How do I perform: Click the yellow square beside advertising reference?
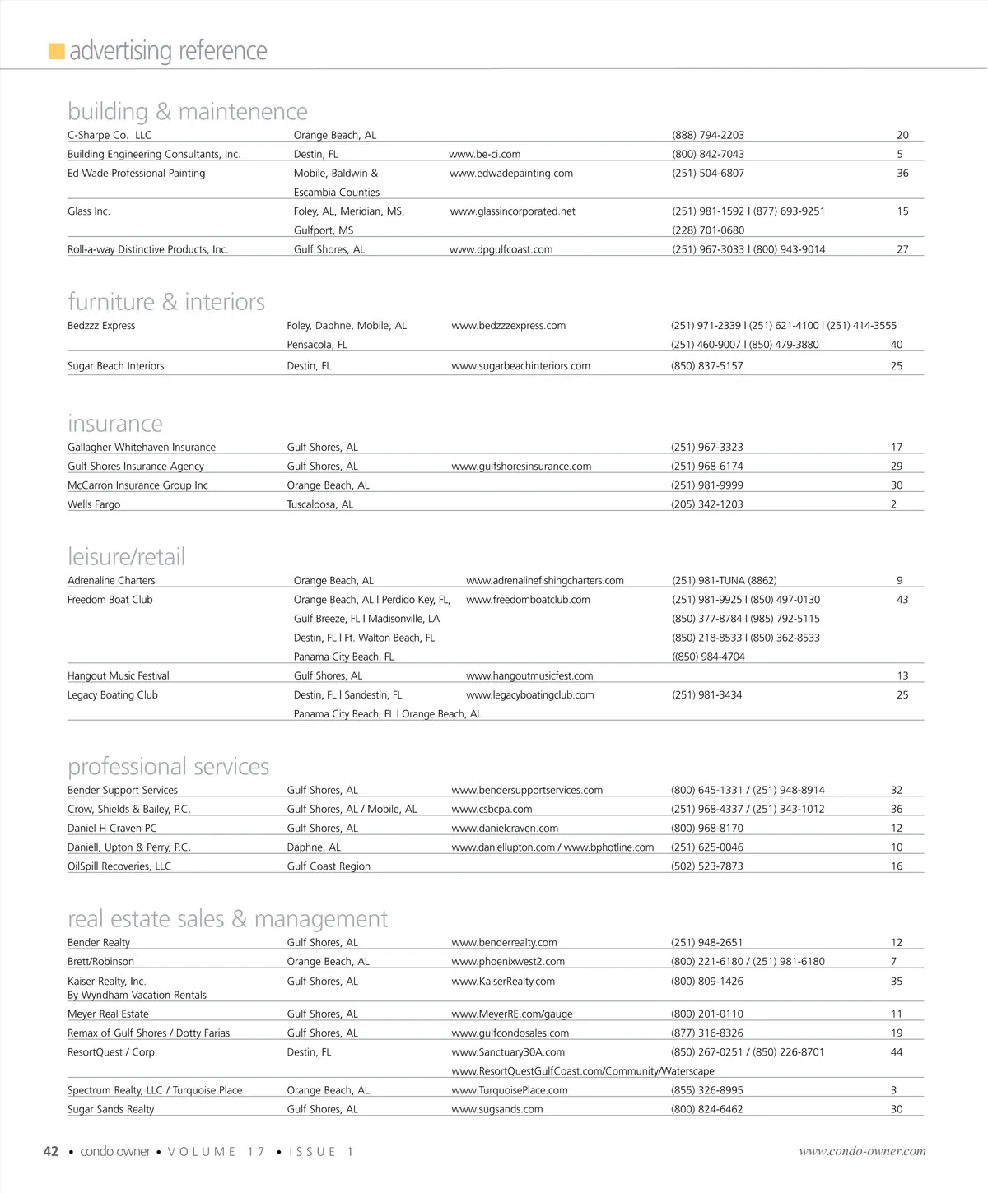57,52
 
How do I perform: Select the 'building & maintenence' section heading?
188,111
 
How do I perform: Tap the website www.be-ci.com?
484,154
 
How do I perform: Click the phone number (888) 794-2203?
708,135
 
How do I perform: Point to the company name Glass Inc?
88,211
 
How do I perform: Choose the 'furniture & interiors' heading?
166,302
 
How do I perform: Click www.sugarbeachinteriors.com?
520,366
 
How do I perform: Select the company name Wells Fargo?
94,504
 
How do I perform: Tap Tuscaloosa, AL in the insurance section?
320,504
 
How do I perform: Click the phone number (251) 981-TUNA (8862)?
725,581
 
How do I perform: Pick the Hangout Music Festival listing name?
119,676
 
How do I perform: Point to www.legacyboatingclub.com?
530,695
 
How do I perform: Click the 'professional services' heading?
169,767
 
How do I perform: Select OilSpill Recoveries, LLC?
119,866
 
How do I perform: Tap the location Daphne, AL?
314,847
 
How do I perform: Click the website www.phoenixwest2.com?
508,962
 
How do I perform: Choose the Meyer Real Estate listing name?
108,1014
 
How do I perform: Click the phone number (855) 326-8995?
707,1090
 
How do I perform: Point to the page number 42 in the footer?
51,1152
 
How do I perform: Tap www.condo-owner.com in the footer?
862,1152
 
